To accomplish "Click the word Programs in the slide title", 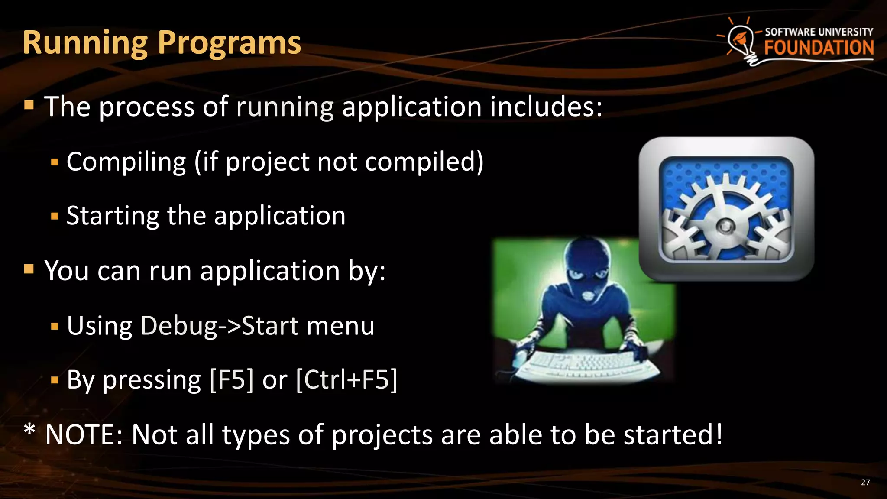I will coord(229,43).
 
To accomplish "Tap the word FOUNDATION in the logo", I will coord(819,48).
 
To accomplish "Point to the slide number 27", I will coord(865,483).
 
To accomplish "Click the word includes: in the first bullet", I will coord(546,107).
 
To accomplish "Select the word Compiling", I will coord(126,162).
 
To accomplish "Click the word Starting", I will coord(113,216).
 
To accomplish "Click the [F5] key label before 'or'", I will coord(231,380).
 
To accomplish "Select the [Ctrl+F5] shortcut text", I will coord(346,380).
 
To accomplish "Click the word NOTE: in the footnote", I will coord(84,434).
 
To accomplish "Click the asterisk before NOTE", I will coord(29,430).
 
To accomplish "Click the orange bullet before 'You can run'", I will coord(29,269).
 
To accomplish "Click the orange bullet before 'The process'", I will coord(29,105).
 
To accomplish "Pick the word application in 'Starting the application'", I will coord(280,216).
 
